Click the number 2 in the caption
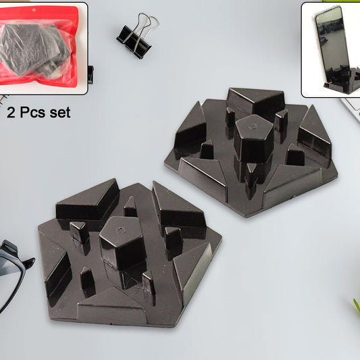[11, 113]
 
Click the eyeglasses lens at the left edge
[8, 270]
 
